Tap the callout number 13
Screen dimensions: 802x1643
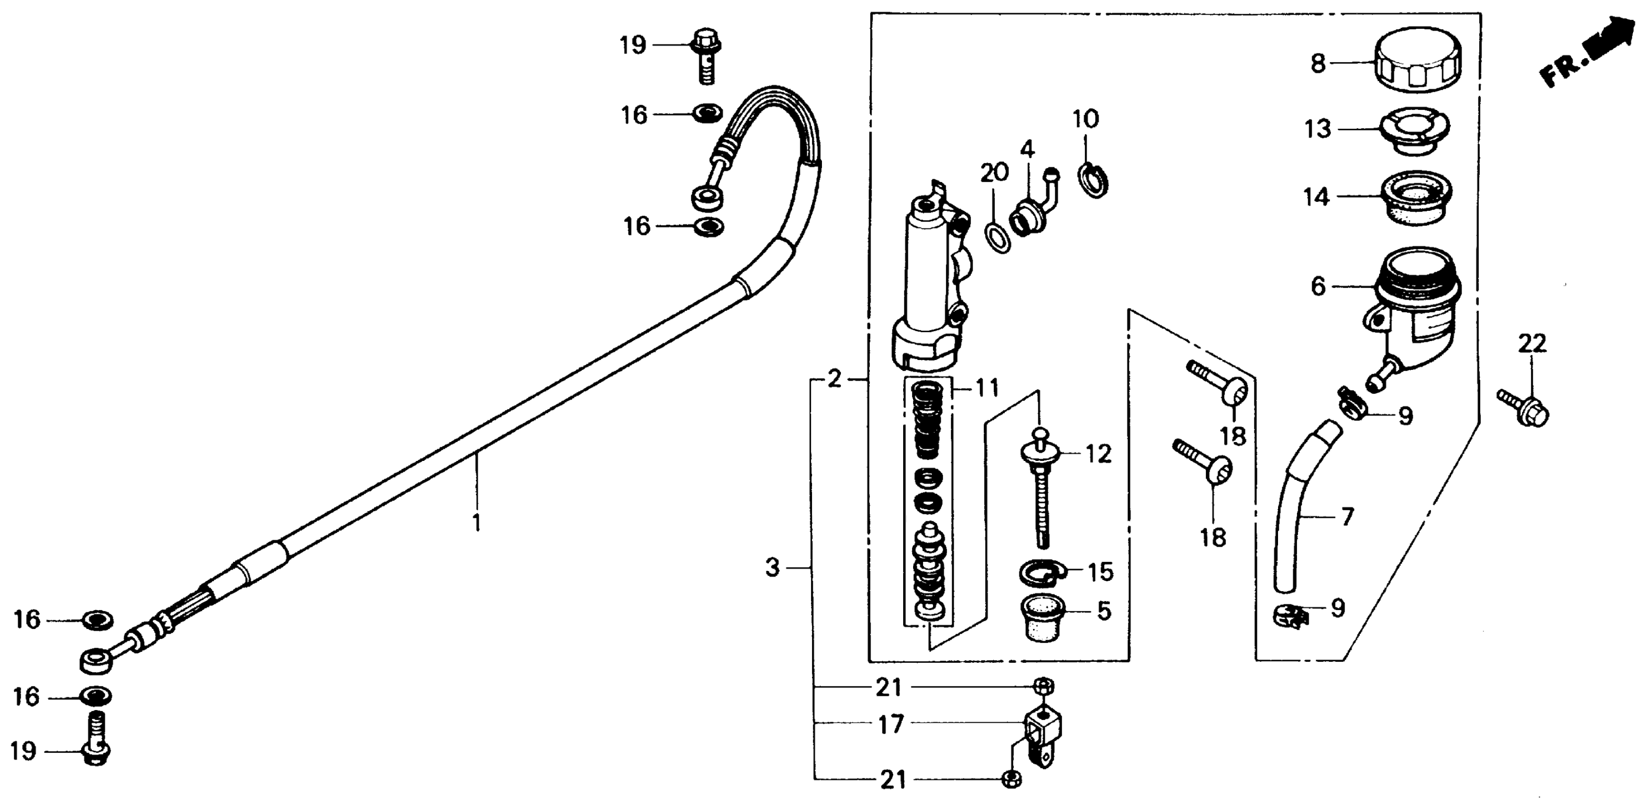1318,129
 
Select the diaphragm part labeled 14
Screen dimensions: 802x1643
1416,198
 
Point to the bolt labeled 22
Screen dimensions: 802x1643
1524,408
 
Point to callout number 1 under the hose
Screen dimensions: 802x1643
476,523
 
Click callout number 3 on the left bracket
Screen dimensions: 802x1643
772,568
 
